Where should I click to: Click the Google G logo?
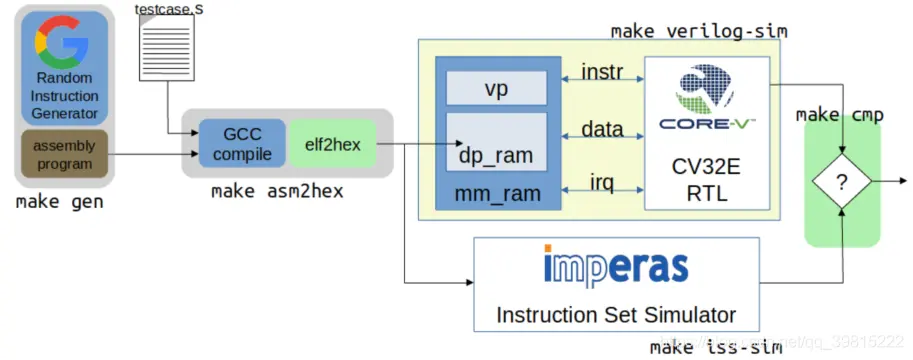tap(64, 41)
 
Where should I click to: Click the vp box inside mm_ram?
tap(496, 87)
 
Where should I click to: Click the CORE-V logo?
tap(707, 100)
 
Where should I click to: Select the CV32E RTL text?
tap(707, 179)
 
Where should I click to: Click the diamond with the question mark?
tap(841, 182)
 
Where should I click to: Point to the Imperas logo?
tap(616, 267)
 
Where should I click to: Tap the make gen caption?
tap(61, 201)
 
